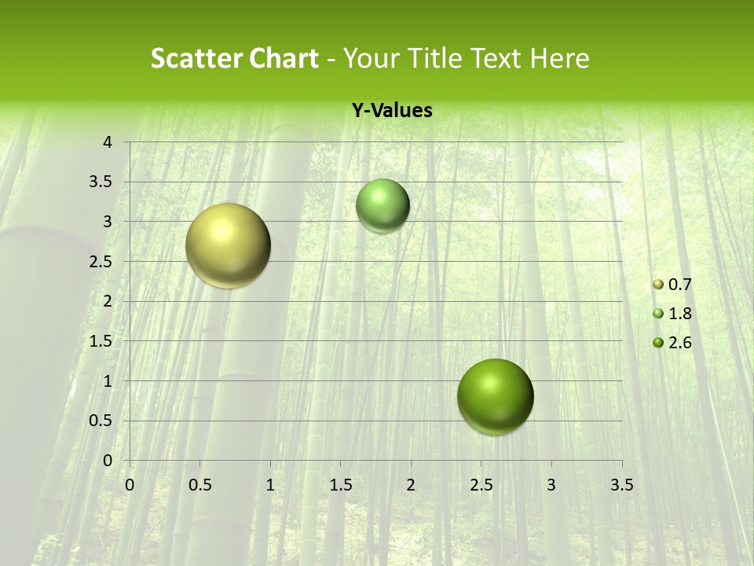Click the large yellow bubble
coord(229,245)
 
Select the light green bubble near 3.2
coord(382,206)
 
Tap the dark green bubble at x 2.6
coord(495,396)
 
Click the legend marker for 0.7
coord(658,285)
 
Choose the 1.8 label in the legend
coord(680,314)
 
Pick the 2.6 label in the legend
coord(680,343)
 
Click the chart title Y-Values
coord(391,111)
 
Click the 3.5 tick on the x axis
coord(621,485)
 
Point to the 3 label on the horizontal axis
coord(551,485)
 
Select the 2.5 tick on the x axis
coord(481,485)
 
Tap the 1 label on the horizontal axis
coord(270,485)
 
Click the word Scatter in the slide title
coord(193,58)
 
